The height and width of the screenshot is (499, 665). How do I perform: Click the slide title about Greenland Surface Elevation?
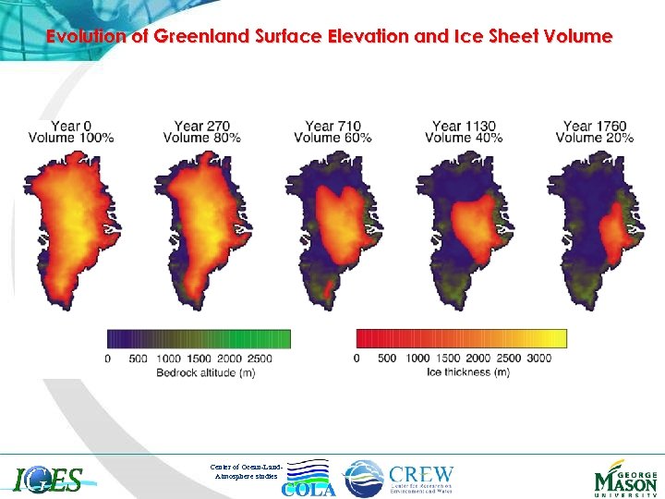point(329,37)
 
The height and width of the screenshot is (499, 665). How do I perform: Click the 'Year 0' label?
point(71,126)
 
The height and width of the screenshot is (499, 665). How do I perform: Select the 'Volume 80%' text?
point(201,138)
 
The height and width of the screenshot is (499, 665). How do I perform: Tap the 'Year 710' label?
point(332,126)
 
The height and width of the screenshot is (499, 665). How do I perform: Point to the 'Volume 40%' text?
point(464,138)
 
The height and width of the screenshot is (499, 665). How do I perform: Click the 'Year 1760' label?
point(595,126)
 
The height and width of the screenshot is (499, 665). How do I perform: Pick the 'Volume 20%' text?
point(595,138)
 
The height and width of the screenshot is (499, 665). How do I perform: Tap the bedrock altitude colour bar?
point(199,338)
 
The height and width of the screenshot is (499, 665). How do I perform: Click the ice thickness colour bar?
point(461,338)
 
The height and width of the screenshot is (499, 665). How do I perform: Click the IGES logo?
point(49,480)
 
